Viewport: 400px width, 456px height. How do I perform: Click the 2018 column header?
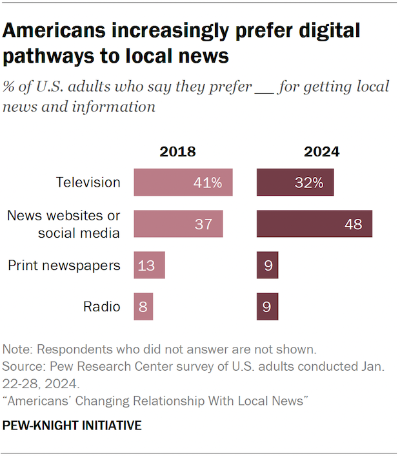point(177,152)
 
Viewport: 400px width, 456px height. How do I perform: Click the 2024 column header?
point(321,152)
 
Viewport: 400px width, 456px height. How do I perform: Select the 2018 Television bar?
point(183,183)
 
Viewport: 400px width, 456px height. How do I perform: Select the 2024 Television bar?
point(295,183)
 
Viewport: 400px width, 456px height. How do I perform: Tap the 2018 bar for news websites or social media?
point(178,224)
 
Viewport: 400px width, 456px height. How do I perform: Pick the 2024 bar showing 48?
point(314,224)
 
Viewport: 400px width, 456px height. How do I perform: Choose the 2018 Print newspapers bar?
point(149,265)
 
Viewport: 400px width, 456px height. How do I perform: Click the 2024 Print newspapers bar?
point(267,265)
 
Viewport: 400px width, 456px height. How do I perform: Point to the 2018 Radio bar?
point(143,306)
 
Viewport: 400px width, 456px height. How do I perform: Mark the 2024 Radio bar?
point(267,306)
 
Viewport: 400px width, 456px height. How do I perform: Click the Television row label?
point(88,183)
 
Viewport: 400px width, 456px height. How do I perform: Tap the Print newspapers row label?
point(64,265)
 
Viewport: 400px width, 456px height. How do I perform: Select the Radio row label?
point(102,306)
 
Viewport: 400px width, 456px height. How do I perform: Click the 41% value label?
point(208,183)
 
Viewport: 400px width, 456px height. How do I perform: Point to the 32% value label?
point(309,183)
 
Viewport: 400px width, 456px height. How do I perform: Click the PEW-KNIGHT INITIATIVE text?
point(72,426)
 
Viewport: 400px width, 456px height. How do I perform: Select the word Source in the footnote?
point(23,366)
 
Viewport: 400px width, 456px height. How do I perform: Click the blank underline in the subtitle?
point(265,88)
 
